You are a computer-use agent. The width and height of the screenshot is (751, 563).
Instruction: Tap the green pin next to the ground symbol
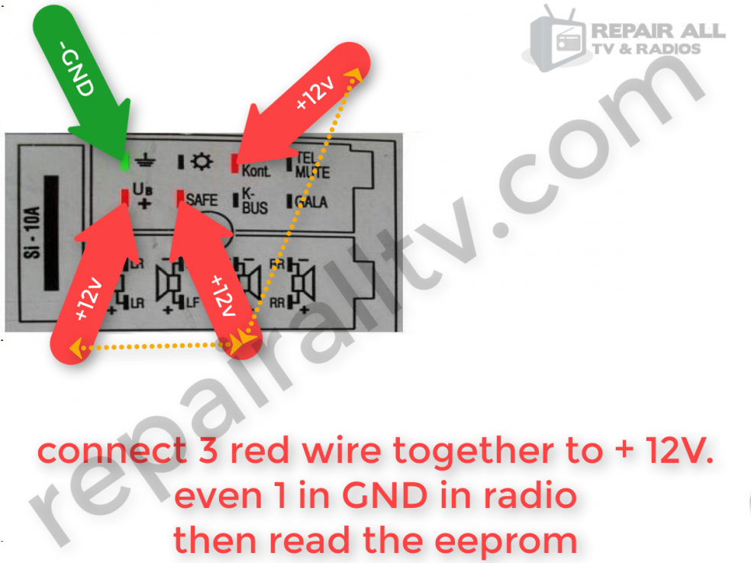(125, 162)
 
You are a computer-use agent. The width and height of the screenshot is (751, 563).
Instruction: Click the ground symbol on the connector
(143, 161)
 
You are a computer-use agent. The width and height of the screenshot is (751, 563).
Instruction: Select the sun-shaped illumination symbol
(201, 162)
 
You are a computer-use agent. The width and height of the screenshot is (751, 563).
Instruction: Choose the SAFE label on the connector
(201, 200)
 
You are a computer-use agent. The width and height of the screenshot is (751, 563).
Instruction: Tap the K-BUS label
(254, 200)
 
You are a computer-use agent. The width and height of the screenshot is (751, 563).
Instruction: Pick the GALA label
(311, 202)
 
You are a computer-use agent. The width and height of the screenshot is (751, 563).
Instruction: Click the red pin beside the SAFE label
(180, 198)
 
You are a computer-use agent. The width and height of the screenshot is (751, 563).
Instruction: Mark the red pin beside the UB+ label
(124, 196)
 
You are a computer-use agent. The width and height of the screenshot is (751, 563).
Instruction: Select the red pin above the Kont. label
(236, 161)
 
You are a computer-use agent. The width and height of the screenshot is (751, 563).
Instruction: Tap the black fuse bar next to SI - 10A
(51, 233)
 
